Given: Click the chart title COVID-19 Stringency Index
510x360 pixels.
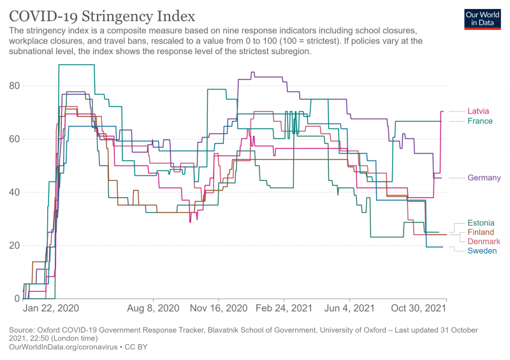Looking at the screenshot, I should (x=102, y=15).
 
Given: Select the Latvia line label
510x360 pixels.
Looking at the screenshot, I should (x=478, y=111).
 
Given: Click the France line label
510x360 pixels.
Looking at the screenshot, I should (x=480, y=121).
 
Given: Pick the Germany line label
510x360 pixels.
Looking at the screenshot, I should (x=484, y=178).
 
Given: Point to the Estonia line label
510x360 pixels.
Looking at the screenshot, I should (x=480, y=223).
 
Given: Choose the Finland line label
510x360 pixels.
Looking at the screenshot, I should (x=481, y=233).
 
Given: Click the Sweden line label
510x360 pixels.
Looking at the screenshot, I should (x=482, y=251).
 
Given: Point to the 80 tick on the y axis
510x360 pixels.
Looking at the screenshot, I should (x=14, y=86).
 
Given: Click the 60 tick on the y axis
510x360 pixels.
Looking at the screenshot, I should (x=14, y=139).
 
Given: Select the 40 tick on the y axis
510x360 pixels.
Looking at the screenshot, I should (x=14, y=192).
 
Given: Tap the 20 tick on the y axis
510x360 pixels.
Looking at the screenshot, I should (x=14, y=245).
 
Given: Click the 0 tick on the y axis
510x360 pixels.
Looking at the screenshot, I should (x=17, y=299).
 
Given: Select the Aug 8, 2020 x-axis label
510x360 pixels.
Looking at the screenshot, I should (x=154, y=308).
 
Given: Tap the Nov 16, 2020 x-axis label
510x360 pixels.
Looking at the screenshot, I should (x=219, y=308).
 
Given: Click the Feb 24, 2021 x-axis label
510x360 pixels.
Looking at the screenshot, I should (x=284, y=308).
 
